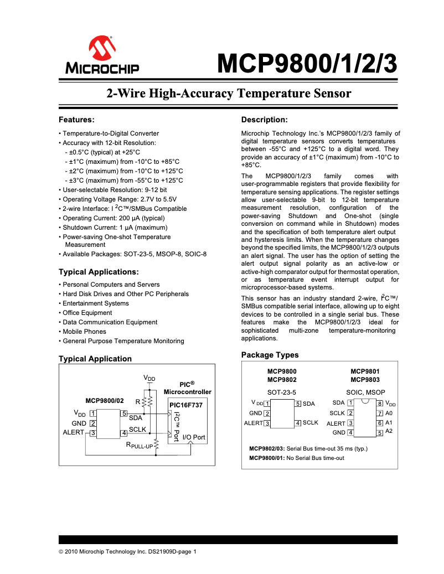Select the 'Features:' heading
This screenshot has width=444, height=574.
click(x=77, y=120)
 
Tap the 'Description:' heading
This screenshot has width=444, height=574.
click(x=265, y=120)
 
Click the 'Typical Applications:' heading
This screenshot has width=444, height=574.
click(x=99, y=272)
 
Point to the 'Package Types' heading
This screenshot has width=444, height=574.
click(x=270, y=355)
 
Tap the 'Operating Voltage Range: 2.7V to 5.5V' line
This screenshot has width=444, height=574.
click(x=119, y=199)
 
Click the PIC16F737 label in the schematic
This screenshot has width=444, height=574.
click(x=185, y=405)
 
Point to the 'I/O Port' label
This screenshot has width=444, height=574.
click(x=194, y=437)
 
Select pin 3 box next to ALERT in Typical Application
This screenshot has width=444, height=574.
click(x=93, y=432)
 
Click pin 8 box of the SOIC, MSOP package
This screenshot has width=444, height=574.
click(x=380, y=404)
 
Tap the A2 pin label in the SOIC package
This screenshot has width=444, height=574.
click(x=389, y=431)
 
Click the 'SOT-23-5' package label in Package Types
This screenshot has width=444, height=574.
click(x=282, y=392)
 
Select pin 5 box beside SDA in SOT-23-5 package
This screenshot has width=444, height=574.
click(x=298, y=404)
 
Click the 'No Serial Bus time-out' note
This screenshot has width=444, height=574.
click(x=316, y=458)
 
